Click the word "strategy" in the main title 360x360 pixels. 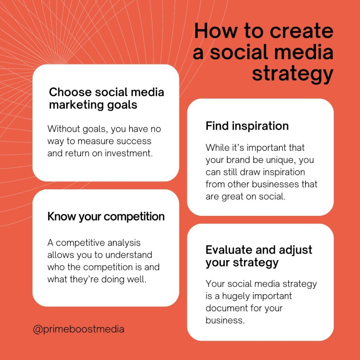click(x=293, y=74)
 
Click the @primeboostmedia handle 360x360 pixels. click(x=79, y=329)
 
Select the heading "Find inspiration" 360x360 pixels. click(x=247, y=126)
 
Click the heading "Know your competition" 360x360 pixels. click(x=106, y=217)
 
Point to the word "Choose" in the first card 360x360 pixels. click(x=70, y=92)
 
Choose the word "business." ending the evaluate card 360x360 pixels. click(x=225, y=320)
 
